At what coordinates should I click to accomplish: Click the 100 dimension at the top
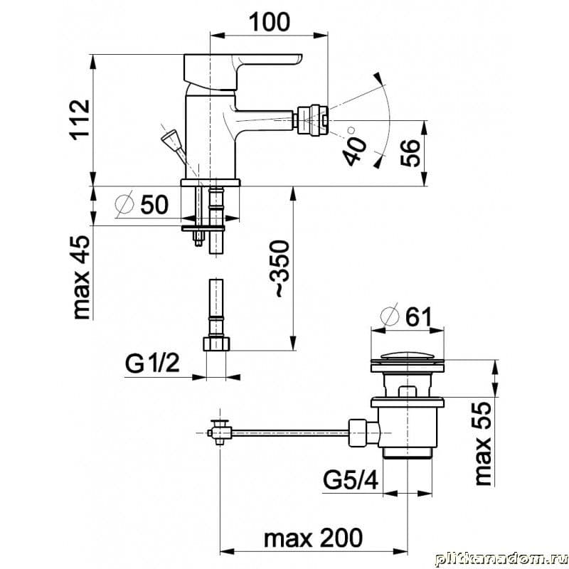point(270,22)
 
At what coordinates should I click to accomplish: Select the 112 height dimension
point(80,119)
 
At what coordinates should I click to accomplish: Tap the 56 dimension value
point(410,153)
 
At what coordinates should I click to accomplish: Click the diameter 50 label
point(142,204)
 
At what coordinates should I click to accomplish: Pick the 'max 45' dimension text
point(81,277)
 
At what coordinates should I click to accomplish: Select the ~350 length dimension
point(280,269)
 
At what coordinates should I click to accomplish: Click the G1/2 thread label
point(152,363)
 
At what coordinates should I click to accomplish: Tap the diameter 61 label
point(406,316)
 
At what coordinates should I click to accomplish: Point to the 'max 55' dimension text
point(483,443)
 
